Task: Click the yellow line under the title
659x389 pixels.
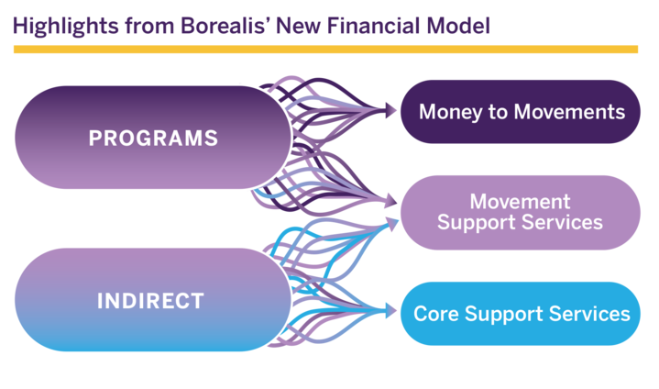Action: tap(325, 50)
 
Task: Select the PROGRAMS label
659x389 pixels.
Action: tap(153, 139)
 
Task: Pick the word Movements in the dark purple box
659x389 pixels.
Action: tap(570, 112)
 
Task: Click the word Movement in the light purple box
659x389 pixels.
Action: tap(520, 202)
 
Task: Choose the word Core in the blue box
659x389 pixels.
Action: tap(436, 314)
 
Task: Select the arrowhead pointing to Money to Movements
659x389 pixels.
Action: tap(393, 111)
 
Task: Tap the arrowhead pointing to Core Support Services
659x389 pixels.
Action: tap(393, 313)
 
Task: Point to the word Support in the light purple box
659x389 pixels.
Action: tap(475, 223)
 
